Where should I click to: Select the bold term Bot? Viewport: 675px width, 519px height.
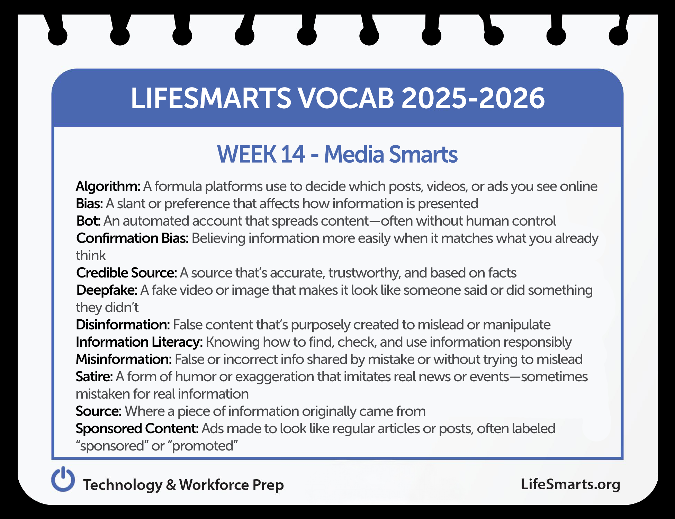click(89, 221)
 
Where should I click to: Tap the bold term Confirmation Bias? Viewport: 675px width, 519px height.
click(133, 238)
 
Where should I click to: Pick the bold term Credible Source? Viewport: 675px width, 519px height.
click(127, 273)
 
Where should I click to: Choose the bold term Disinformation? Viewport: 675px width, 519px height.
click(123, 325)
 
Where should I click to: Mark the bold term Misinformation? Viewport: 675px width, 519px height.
click(124, 359)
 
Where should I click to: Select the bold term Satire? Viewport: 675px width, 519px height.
click(94, 377)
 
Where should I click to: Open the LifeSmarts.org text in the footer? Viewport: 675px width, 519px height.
click(570, 484)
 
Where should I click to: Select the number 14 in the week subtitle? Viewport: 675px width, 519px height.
click(293, 154)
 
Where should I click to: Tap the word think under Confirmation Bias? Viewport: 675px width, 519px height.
click(91, 256)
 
